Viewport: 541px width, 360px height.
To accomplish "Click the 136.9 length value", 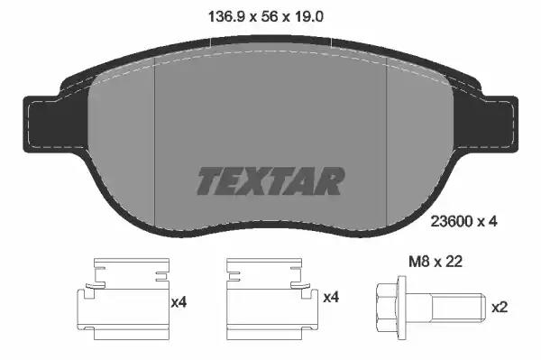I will coord(224,16).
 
